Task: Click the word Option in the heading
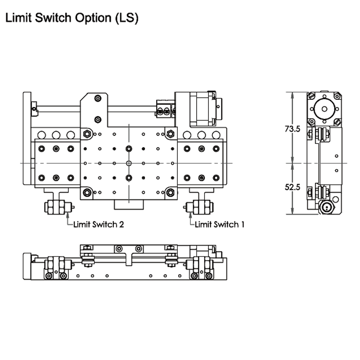(x=95, y=18)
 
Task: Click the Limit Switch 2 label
(x=99, y=224)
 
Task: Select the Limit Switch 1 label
(x=220, y=224)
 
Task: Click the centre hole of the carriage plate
(x=129, y=163)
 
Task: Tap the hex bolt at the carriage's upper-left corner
(x=87, y=134)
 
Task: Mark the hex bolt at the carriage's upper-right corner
(x=170, y=134)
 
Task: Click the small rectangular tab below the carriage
(x=128, y=205)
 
